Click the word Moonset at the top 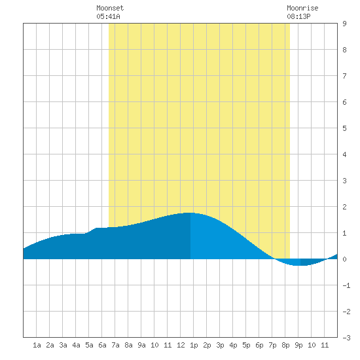(x=110, y=8)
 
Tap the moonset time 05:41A (x=108, y=16)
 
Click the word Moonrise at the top (x=302, y=8)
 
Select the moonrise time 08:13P (x=298, y=16)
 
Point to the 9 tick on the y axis (x=344, y=24)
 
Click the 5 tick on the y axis (x=344, y=128)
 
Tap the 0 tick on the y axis (x=344, y=259)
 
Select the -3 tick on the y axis (x=346, y=338)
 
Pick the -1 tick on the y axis (x=346, y=285)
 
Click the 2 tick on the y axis (x=344, y=207)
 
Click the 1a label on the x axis (x=37, y=345)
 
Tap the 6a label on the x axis (x=102, y=345)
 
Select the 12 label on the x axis (x=181, y=345)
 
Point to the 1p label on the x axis (x=194, y=345)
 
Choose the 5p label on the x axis (x=246, y=345)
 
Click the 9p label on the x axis (x=298, y=345)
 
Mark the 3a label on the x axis (x=63, y=345)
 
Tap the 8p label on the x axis (x=285, y=345)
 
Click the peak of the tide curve (x=190, y=213)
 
